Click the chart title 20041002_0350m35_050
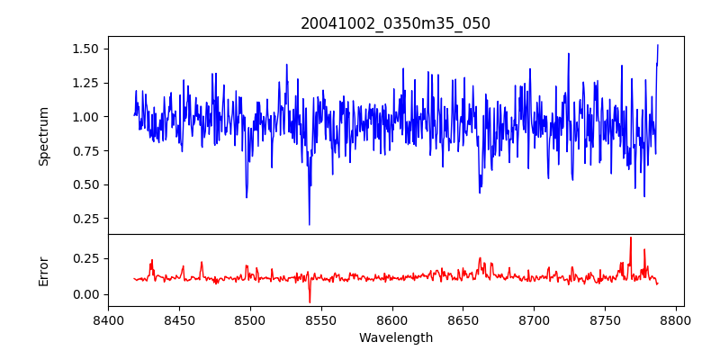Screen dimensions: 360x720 395,23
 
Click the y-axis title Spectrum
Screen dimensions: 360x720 44,136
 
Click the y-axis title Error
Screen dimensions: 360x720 44,271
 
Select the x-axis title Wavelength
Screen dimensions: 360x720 395,338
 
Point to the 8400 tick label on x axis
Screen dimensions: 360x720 108,319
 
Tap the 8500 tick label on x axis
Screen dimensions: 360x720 250,319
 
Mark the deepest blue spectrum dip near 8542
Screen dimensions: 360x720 309,224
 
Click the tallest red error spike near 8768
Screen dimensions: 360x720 631,238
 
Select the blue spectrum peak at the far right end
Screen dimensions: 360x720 658,44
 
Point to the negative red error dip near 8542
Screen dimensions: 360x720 310,302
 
